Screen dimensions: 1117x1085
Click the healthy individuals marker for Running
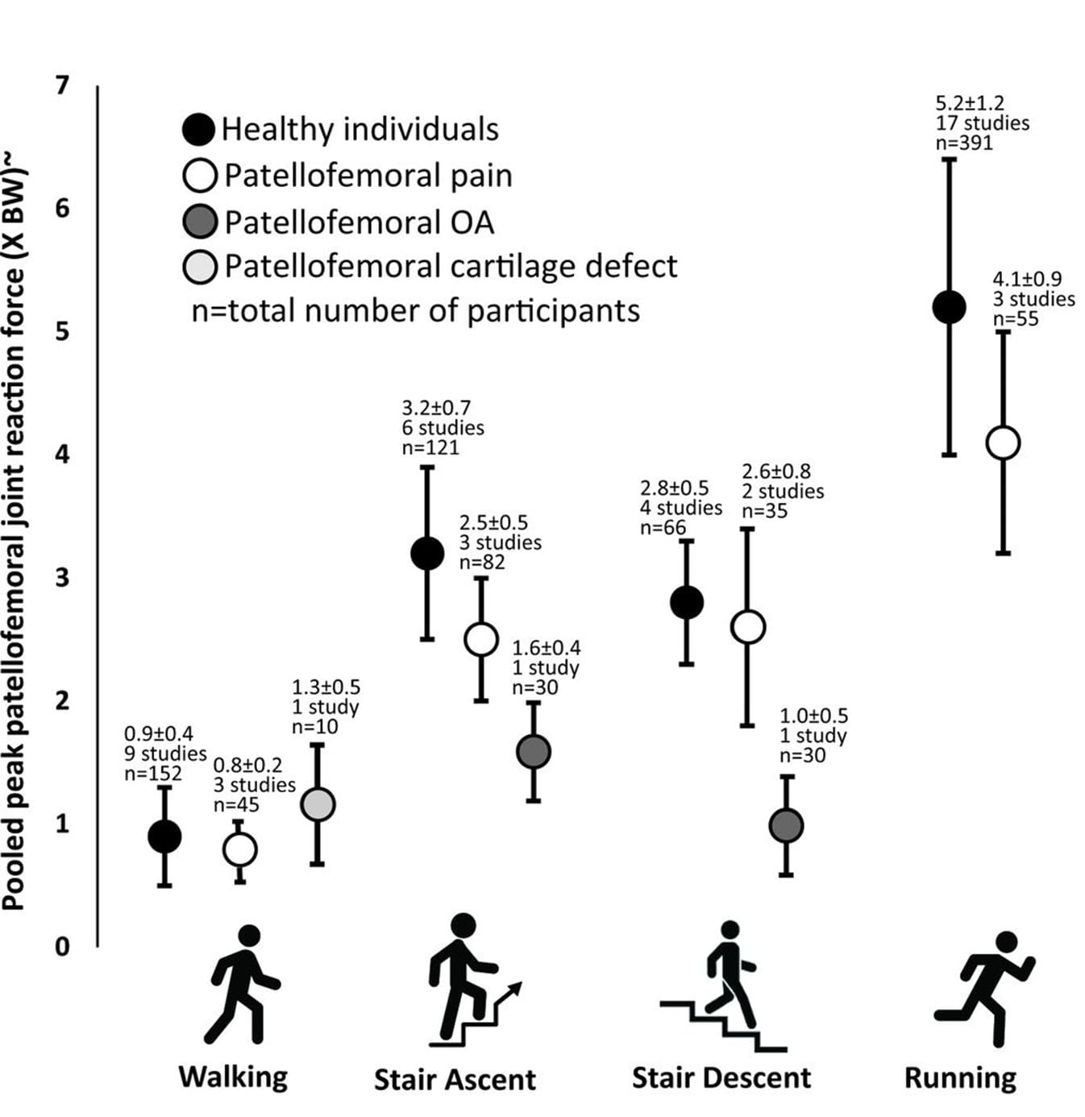tap(949, 306)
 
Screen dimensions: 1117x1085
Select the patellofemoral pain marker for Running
tap(1003, 442)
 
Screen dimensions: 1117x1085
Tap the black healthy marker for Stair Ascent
tap(427, 553)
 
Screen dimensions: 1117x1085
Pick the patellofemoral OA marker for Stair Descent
tap(786, 826)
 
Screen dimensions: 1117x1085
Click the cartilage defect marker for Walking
tap(318, 804)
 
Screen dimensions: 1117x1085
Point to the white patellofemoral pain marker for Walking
tap(239, 849)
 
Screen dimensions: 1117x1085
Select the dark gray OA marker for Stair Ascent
tap(533, 751)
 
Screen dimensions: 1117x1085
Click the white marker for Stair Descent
tap(747, 627)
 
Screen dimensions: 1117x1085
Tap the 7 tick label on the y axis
tap(62, 85)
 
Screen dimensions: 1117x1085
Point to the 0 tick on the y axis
tap(62, 946)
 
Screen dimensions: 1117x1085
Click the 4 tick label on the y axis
tap(62, 455)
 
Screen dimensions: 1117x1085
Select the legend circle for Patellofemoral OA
tap(200, 222)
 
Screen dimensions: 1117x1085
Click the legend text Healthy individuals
tap(360, 129)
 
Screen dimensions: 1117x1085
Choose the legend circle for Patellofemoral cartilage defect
tap(200, 267)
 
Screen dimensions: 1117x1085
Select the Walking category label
tap(233, 1077)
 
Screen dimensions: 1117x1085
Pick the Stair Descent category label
tap(721, 1078)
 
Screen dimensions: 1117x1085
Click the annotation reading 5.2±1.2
tap(969, 103)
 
